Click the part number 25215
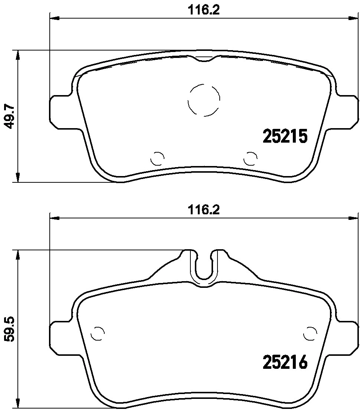[x=285, y=136]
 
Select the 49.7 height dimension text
[x=10, y=116]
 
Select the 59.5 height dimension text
[x=10, y=329]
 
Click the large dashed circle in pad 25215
[x=204, y=100]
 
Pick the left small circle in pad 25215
[x=157, y=159]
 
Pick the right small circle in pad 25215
[x=251, y=159]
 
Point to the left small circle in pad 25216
[x=98, y=333]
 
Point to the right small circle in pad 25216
[x=310, y=333]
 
